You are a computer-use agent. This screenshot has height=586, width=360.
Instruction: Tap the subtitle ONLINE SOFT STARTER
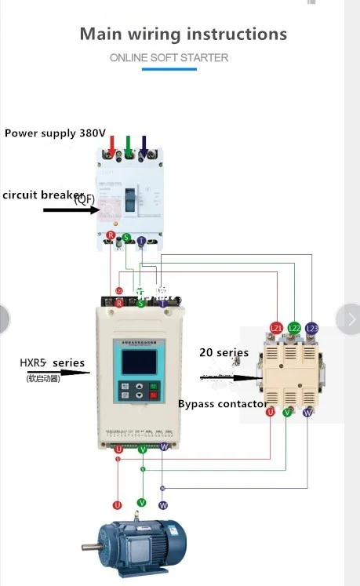tap(169, 58)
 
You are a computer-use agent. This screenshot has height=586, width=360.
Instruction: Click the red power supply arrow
tap(113, 145)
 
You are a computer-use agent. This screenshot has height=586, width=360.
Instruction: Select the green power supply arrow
tap(129, 145)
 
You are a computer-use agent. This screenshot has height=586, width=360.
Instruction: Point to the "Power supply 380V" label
tap(55, 133)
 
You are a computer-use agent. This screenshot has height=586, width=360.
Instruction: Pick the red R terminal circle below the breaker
tap(111, 235)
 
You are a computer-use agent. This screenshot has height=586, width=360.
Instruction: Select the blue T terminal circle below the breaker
tap(141, 241)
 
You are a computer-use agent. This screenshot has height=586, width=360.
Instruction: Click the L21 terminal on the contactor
tap(276, 328)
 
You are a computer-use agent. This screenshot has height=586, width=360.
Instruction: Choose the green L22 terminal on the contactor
tap(295, 328)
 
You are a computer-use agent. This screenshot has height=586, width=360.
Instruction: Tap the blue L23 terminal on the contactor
tap(312, 328)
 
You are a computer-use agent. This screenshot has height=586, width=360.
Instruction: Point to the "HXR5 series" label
tap(52, 362)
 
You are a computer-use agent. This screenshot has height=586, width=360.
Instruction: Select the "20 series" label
tap(224, 352)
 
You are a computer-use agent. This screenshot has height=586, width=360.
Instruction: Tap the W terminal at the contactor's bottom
tap(307, 411)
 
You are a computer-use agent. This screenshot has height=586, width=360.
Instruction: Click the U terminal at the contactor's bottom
tap(271, 411)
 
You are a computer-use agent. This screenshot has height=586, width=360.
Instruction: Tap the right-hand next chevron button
tap(347, 318)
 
